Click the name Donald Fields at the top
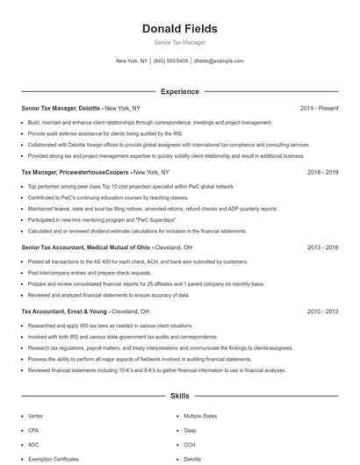coord(179,29)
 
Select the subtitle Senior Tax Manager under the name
coord(179,42)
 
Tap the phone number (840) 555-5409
coord(170,61)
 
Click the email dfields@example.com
coord(219,61)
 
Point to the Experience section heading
coord(179,91)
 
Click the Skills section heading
coord(179,397)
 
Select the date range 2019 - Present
coord(319,108)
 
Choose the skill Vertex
coord(35,416)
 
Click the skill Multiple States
coord(200,416)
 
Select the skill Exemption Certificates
coord(54,459)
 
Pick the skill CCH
coord(190,445)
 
